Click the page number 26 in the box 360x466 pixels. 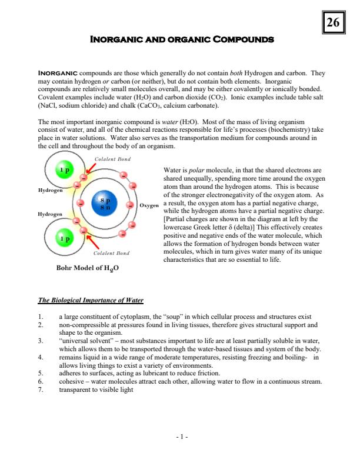(333, 24)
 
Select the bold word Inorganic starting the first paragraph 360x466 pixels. (55, 74)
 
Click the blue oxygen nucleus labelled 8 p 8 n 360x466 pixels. (107, 204)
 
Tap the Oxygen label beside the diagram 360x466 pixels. (149, 205)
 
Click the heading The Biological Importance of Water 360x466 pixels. (91, 301)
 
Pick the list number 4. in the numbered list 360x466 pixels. (41, 357)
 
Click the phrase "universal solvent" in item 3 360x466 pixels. (84, 340)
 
